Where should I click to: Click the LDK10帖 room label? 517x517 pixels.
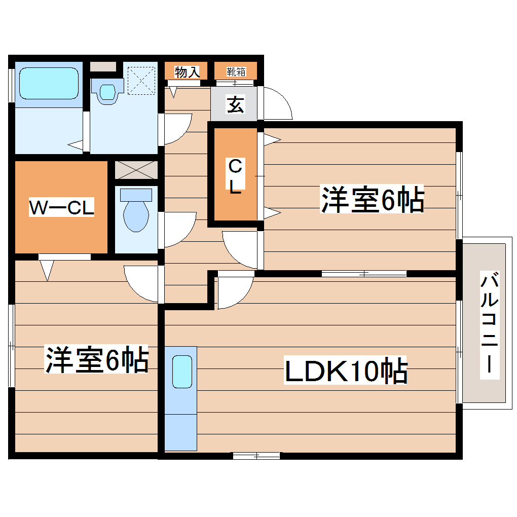click(346, 372)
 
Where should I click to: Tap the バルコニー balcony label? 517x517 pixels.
click(489, 323)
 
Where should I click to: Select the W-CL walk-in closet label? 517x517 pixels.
click(61, 208)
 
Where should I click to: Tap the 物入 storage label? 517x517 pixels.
click(187, 72)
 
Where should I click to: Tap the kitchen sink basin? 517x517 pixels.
click(182, 372)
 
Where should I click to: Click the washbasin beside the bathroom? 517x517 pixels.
click(108, 92)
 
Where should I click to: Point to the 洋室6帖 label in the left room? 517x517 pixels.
click(97, 360)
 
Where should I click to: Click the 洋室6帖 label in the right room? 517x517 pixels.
click(372, 200)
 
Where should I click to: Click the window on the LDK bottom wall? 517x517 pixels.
click(256, 456)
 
